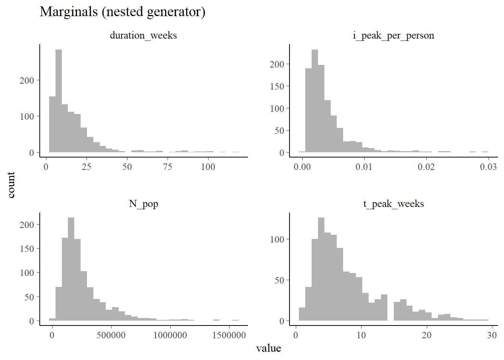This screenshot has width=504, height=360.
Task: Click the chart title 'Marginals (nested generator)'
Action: [122, 12]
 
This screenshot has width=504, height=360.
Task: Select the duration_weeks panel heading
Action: [143, 35]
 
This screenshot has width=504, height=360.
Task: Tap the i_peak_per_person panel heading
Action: [393, 35]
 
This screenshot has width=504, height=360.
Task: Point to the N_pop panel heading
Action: [143, 204]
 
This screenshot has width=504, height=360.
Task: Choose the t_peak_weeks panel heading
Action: [393, 204]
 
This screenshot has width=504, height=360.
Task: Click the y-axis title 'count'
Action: [11, 185]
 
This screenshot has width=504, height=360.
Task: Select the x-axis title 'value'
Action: [268, 348]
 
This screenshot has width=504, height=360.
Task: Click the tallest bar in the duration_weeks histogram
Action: [58, 101]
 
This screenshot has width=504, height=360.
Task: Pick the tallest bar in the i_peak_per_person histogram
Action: [315, 101]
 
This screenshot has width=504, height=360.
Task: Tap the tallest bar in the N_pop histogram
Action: [71, 269]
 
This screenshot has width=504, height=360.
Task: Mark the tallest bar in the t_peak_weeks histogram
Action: [321, 269]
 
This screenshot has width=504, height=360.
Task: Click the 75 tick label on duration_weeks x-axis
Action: [168, 167]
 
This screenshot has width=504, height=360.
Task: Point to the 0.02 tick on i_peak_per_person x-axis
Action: [426, 167]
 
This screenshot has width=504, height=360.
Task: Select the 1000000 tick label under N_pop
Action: [170, 335]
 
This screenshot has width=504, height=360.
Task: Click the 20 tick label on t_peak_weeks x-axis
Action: [427, 335]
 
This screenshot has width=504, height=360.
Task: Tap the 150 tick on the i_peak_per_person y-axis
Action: [277, 86]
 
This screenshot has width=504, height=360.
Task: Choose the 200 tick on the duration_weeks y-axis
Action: [27, 80]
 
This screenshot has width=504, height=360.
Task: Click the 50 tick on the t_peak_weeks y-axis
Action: [279, 280]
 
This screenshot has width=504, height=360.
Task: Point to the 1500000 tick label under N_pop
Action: [229, 335]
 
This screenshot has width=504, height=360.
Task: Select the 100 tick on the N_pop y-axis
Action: [27, 273]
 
